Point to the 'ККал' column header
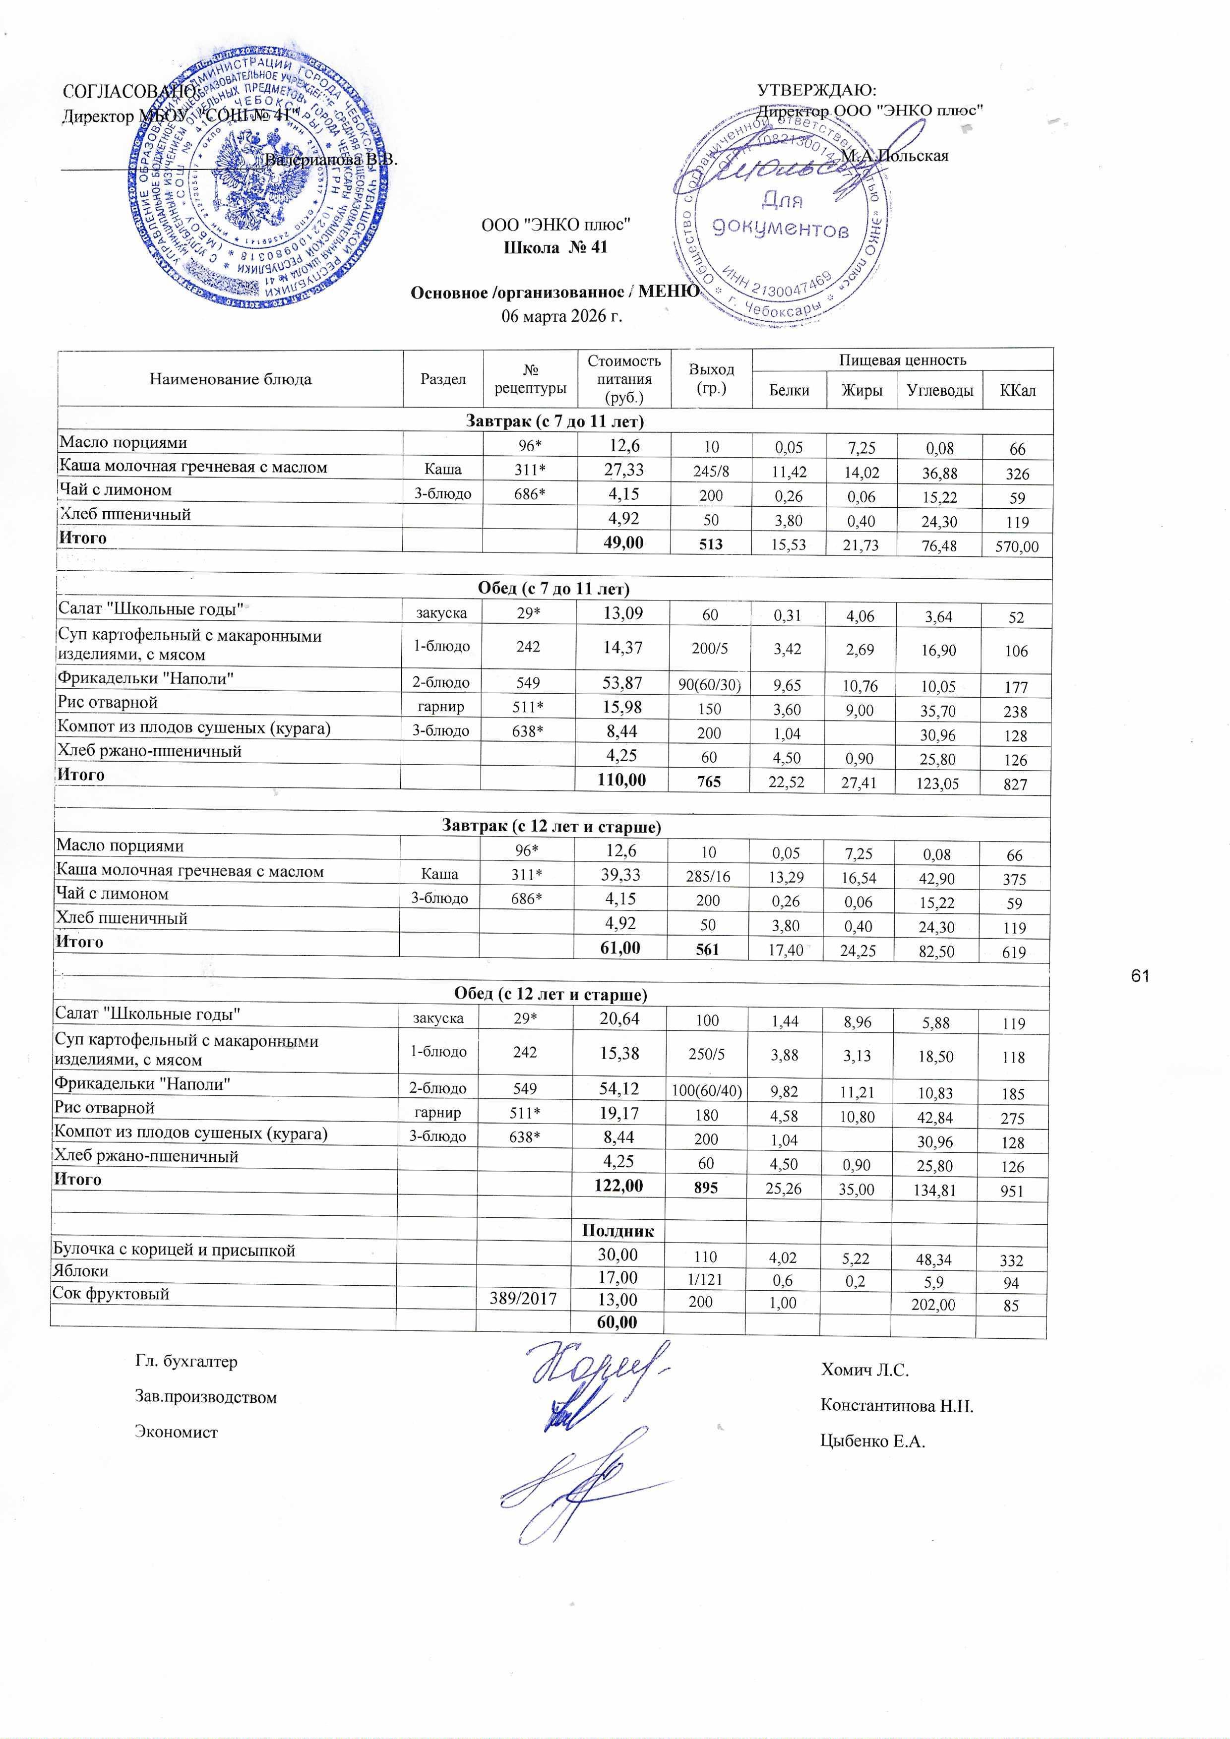pyautogui.click(x=1017, y=391)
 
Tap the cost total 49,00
pyautogui.click(x=623, y=542)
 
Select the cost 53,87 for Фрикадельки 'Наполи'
pyautogui.click(x=623, y=683)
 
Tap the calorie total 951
pyautogui.click(x=1013, y=1191)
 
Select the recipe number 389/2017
pyautogui.click(x=524, y=1299)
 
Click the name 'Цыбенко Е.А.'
pyautogui.click(x=872, y=1440)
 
